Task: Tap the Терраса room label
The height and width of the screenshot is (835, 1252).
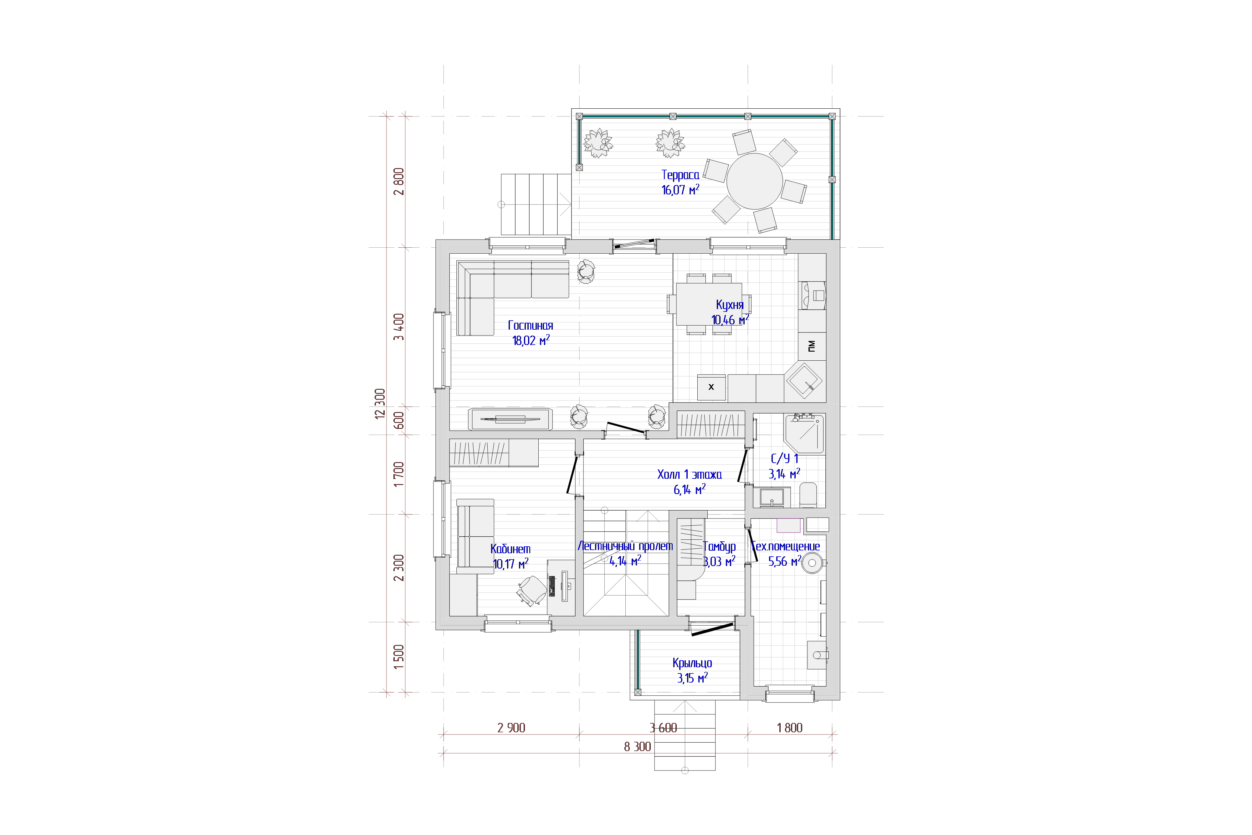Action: click(680, 175)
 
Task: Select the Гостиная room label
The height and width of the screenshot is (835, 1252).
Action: click(530, 325)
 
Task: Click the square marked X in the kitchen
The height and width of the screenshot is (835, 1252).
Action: click(711, 387)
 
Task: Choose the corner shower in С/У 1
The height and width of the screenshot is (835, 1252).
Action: click(804, 434)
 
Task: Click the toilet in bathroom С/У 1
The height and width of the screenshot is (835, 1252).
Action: click(808, 495)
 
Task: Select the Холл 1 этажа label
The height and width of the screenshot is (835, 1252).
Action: click(689, 474)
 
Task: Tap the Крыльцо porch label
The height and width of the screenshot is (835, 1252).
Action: click(692, 663)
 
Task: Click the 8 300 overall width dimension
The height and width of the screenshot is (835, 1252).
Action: click(637, 747)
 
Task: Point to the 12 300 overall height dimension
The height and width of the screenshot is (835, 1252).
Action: click(380, 404)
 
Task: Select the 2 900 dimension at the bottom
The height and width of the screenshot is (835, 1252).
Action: click(511, 728)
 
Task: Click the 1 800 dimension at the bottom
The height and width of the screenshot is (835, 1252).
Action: click(789, 728)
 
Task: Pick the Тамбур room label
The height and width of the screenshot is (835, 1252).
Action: click(719, 546)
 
